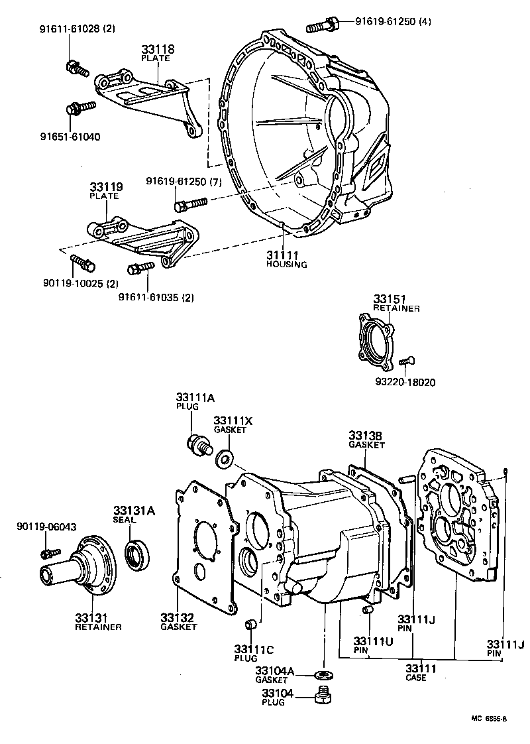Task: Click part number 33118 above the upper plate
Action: coord(155,49)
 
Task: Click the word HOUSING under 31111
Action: coord(287,265)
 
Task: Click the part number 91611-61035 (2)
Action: coord(156,297)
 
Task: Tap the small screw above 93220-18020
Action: coord(406,361)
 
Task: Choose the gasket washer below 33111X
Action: coord(225,456)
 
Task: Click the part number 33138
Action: coord(366,436)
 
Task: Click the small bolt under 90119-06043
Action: coord(50,552)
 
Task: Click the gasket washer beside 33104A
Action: coord(323,676)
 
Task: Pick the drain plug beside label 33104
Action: coord(323,696)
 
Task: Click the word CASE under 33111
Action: coord(416,678)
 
